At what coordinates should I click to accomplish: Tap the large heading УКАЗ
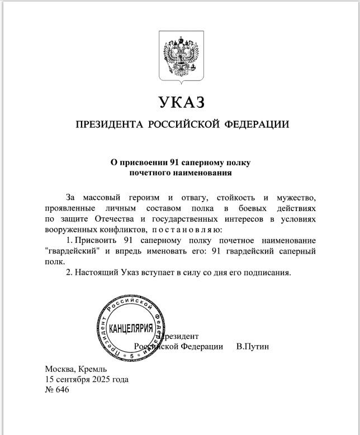[182, 102]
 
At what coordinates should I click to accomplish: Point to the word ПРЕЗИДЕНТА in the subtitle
[109, 125]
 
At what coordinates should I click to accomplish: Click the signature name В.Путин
[253, 347]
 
